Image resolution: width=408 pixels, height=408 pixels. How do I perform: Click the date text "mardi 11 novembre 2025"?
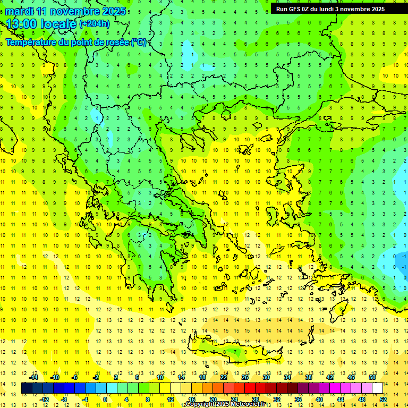66,11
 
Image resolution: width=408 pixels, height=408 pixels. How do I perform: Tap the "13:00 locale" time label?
41,24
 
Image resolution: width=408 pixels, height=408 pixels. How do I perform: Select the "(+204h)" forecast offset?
95,23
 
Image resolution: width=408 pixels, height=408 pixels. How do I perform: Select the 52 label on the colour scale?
383,399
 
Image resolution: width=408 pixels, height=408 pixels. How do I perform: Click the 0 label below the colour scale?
105,399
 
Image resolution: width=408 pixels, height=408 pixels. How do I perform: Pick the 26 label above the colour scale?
245,377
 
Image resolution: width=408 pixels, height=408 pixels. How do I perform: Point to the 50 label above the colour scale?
372,377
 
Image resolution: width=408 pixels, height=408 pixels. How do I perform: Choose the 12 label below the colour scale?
171,399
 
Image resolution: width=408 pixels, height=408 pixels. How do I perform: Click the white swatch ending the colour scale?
378,388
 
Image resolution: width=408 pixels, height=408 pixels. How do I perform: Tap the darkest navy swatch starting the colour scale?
27,388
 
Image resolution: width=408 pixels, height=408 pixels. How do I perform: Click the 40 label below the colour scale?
319,399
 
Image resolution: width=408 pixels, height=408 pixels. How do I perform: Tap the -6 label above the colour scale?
75,377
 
